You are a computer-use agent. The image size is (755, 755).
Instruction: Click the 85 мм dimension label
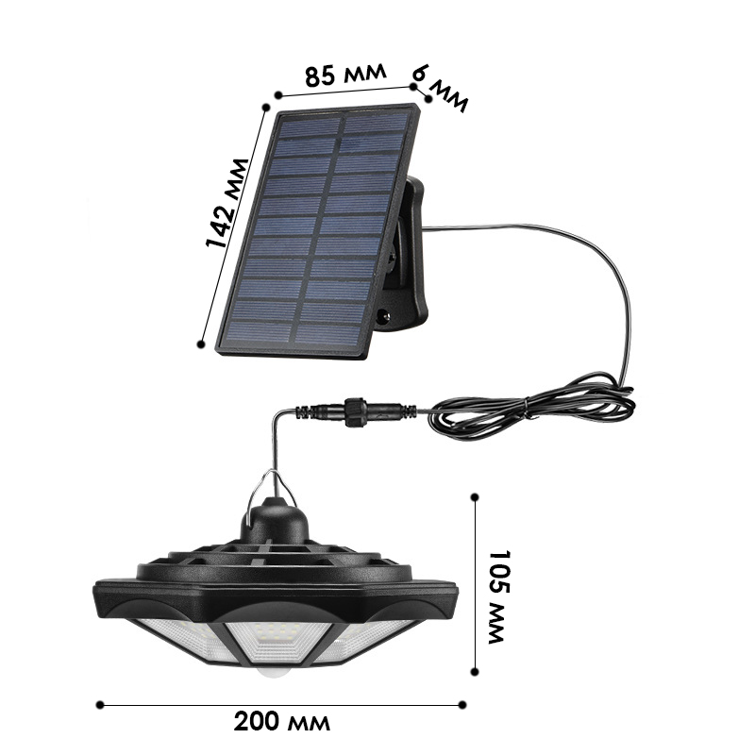point(345,74)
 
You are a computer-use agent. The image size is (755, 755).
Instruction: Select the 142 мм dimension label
point(226,203)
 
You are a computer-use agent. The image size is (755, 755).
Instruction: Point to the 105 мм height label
point(501,597)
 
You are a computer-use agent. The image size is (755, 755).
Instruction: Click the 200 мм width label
point(282,722)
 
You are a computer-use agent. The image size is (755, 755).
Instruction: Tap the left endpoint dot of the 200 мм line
point(100,705)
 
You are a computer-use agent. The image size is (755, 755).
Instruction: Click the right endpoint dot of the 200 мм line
point(462,705)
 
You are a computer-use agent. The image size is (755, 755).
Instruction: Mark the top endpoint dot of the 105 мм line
point(475,497)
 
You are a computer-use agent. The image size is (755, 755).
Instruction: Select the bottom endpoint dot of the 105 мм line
point(475,672)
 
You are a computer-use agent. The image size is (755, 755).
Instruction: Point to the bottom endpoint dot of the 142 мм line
point(201,344)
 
